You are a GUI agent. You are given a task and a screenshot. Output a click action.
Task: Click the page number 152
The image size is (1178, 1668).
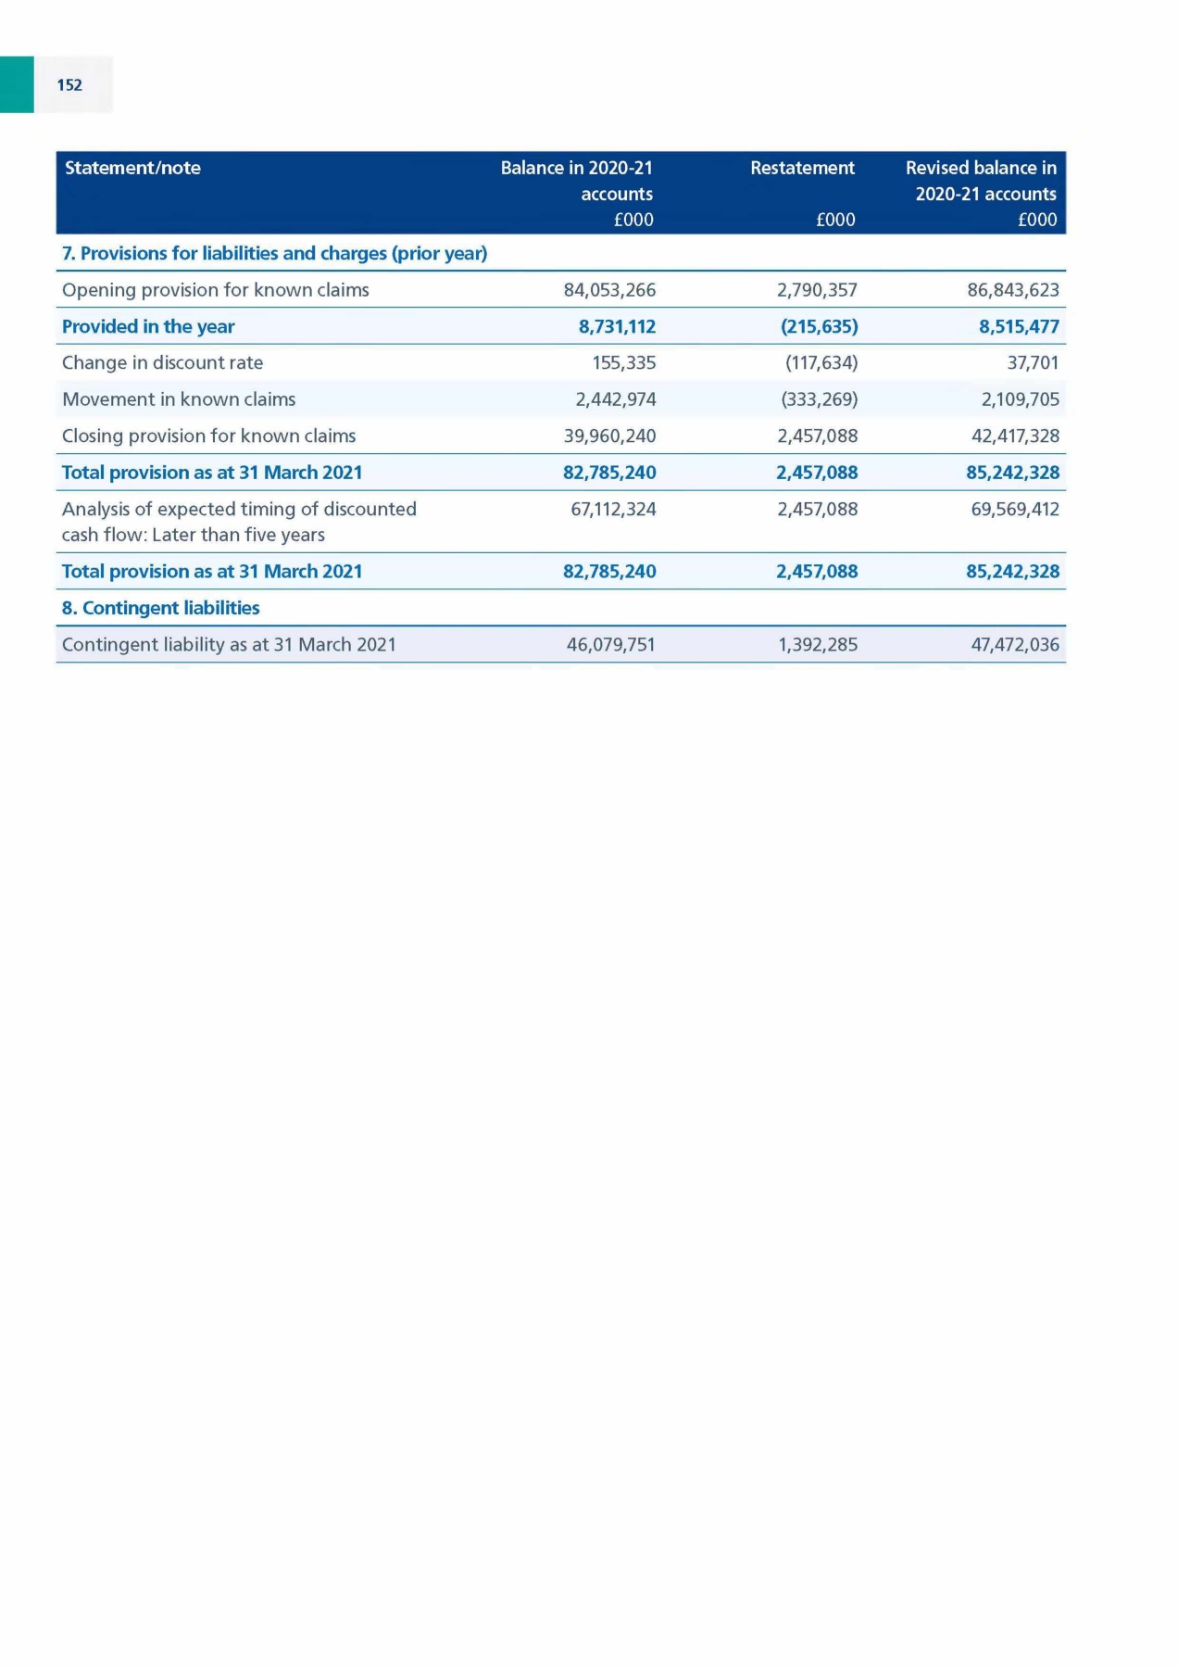coord(69,85)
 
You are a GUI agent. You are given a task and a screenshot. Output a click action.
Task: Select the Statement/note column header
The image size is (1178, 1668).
coord(132,168)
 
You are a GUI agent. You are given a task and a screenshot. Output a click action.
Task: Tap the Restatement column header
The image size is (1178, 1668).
coord(802,168)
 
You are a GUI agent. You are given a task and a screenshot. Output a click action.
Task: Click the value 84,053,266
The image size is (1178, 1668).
coord(609,290)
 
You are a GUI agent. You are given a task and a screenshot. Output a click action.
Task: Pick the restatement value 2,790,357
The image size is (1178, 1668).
coord(817,290)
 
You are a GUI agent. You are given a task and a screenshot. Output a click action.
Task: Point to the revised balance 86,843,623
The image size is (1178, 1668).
coord(1012,290)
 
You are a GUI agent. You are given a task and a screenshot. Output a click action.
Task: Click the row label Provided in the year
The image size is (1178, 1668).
coord(148,326)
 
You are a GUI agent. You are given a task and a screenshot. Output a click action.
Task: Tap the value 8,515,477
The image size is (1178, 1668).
coord(1019,326)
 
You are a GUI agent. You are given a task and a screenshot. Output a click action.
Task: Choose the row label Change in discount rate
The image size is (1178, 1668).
coord(162,362)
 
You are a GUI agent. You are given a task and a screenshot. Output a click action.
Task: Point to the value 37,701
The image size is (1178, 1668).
coord(1033,362)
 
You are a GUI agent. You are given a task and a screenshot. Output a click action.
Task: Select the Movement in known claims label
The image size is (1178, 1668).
coord(179,399)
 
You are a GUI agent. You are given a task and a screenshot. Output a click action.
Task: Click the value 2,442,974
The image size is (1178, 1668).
coord(616,399)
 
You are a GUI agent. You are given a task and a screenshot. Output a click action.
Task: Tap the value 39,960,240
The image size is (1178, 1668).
coord(609,436)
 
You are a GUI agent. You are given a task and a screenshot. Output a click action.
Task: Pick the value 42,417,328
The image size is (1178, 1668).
coord(1015,436)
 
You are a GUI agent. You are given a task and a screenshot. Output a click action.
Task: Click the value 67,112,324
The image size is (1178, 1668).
coord(613,509)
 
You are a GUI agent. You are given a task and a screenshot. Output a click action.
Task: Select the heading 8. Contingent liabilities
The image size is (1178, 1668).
coord(160,608)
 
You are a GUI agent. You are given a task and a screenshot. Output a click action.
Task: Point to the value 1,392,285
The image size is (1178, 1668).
coord(818,644)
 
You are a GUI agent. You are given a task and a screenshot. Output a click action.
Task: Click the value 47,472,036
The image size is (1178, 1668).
coord(1015,644)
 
